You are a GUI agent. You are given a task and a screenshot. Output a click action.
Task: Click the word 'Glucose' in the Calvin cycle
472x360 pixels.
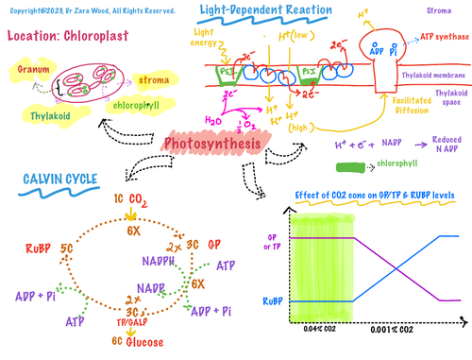146,341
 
